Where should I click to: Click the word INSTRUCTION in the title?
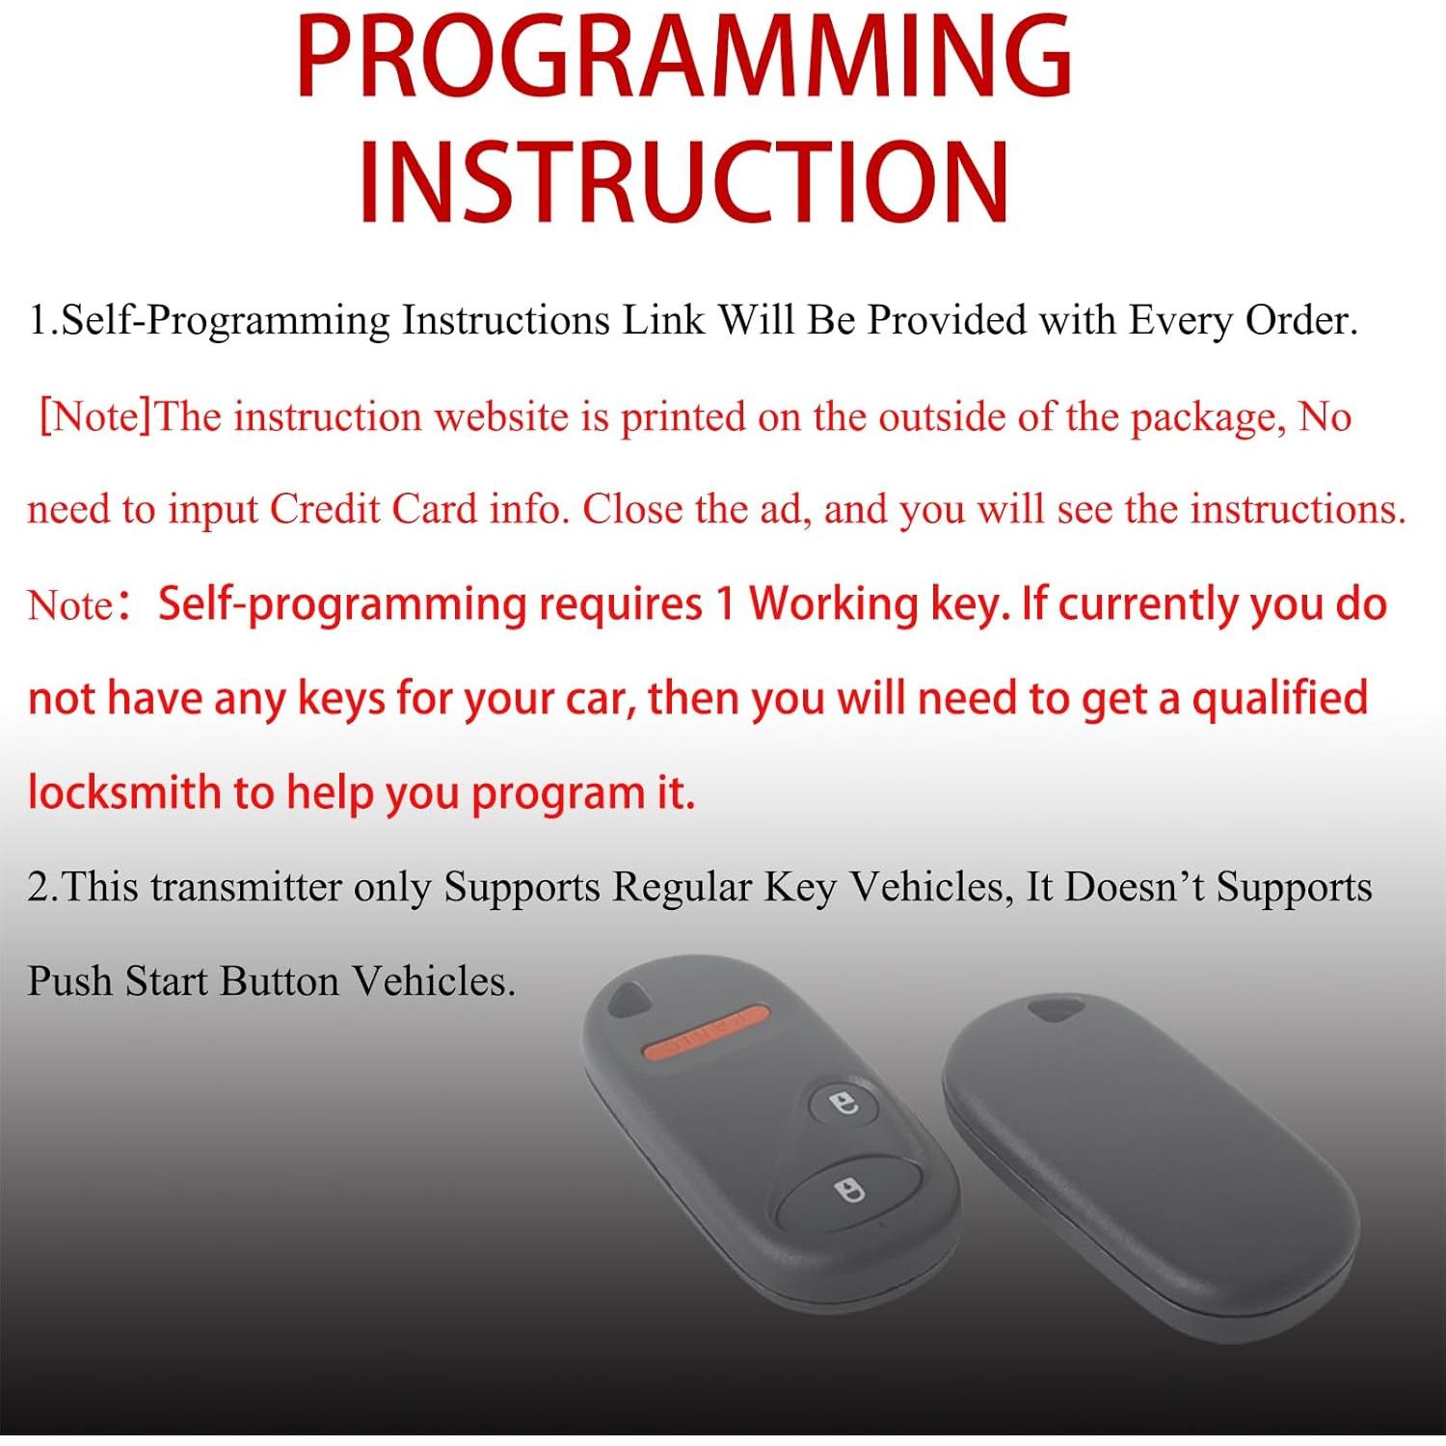pyautogui.click(x=684, y=180)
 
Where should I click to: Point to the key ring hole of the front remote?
pyautogui.click(x=630, y=999)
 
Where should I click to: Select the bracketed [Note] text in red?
pyautogui.click(x=95, y=417)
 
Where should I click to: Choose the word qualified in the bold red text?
pyautogui.click(x=1279, y=697)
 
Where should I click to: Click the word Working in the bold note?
pyautogui.click(x=833, y=604)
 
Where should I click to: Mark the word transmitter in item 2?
pyautogui.click(x=246, y=887)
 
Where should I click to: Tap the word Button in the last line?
pyautogui.click(x=280, y=980)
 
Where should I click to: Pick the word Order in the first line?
pyautogui.click(x=1300, y=319)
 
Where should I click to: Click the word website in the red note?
pyautogui.click(x=501, y=417)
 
